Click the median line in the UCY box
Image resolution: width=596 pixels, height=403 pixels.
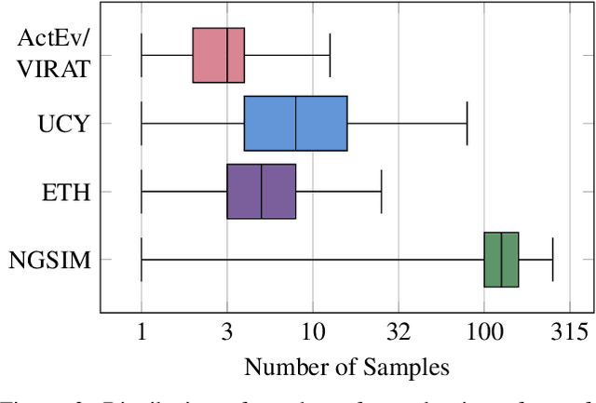[296, 123]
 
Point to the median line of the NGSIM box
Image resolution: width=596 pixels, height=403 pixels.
[501, 260]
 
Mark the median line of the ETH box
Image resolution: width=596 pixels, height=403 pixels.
[262, 192]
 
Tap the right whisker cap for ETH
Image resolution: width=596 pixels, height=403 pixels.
[381, 192]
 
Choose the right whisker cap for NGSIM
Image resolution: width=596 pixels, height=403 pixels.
[553, 260]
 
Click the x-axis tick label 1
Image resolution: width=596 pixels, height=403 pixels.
[141, 332]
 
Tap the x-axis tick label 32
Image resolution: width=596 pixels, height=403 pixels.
[398, 332]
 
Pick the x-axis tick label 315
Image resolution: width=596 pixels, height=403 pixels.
[568, 332]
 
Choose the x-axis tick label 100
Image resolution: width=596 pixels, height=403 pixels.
[484, 332]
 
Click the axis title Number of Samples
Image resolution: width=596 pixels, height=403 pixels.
[346, 367]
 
